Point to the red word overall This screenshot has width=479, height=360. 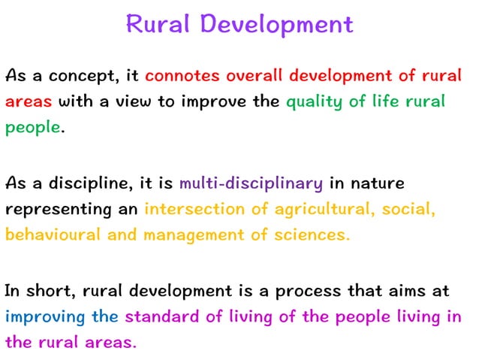point(254,77)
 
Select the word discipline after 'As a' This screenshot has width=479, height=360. point(78,183)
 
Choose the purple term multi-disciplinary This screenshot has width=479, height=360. point(251,183)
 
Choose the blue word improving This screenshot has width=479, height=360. point(45,316)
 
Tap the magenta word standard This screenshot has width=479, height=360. point(162,316)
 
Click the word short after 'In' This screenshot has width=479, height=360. point(49,290)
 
